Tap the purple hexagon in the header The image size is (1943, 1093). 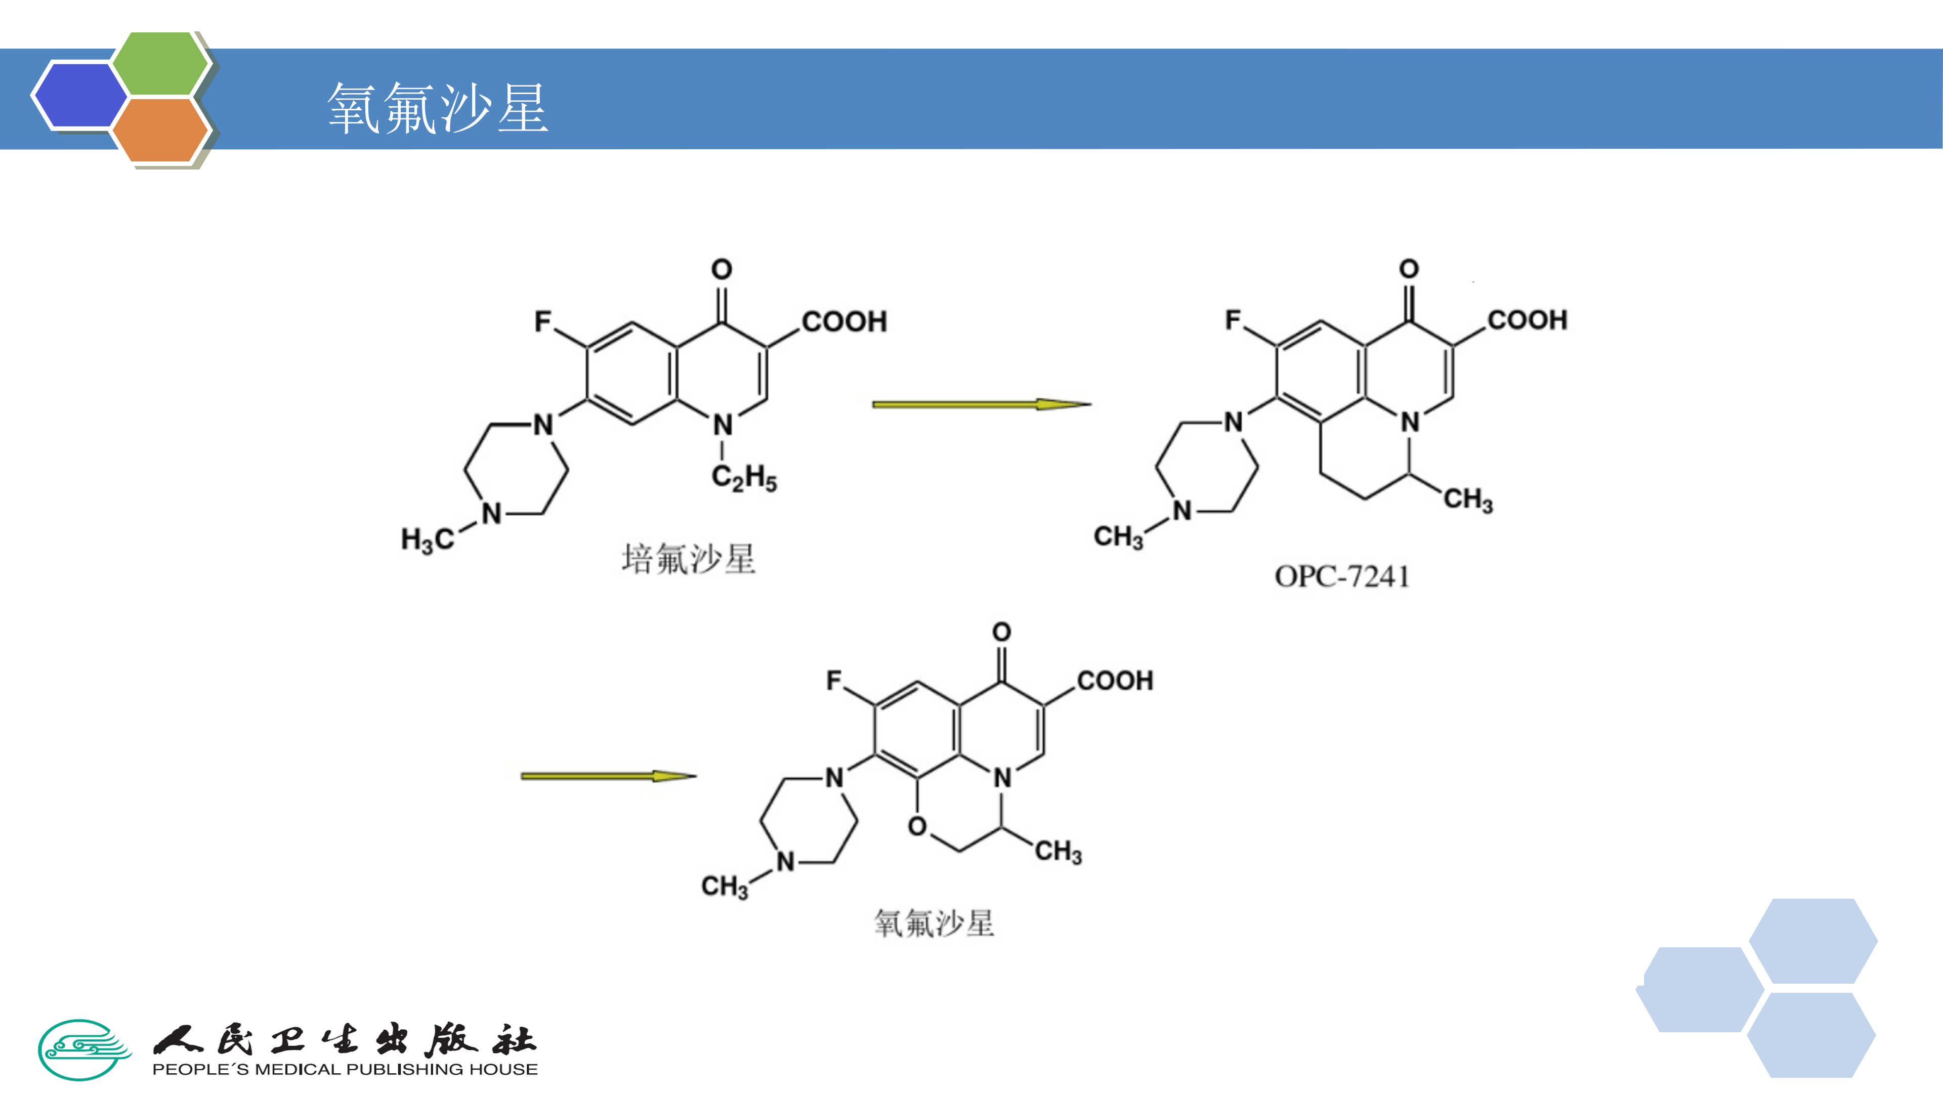pyautogui.click(x=80, y=95)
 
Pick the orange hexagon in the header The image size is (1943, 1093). pyautogui.click(x=160, y=130)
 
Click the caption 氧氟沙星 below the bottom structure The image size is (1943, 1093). pyautogui.click(x=934, y=923)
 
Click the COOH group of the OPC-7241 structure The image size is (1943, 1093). pyautogui.click(x=1528, y=320)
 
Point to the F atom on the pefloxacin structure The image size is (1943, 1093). pyautogui.click(x=543, y=321)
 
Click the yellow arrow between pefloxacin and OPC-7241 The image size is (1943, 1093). pyautogui.click(x=981, y=404)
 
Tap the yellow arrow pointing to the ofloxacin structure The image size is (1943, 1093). pyautogui.click(x=608, y=775)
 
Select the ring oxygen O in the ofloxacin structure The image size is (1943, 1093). pyautogui.click(x=917, y=826)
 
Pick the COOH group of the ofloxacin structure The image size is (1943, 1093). pyautogui.click(x=1115, y=681)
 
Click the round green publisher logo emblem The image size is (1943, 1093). pyautogui.click(x=85, y=1049)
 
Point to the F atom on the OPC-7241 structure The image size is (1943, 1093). pyautogui.click(x=1233, y=320)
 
